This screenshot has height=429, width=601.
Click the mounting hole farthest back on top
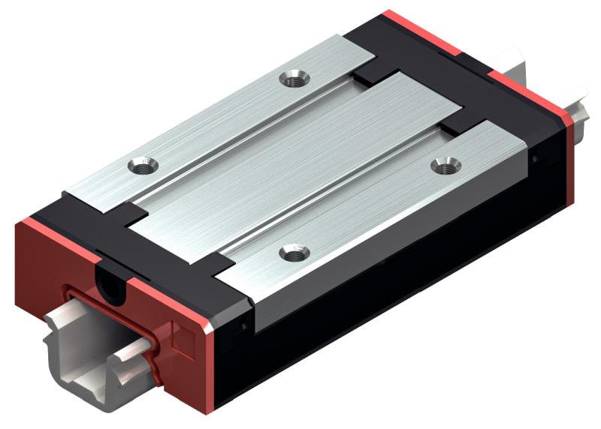tap(292, 77)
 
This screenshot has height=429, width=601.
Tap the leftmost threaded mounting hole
tap(141, 165)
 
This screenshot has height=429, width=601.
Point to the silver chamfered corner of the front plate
tap(211, 322)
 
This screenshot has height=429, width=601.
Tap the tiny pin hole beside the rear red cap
tap(534, 158)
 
